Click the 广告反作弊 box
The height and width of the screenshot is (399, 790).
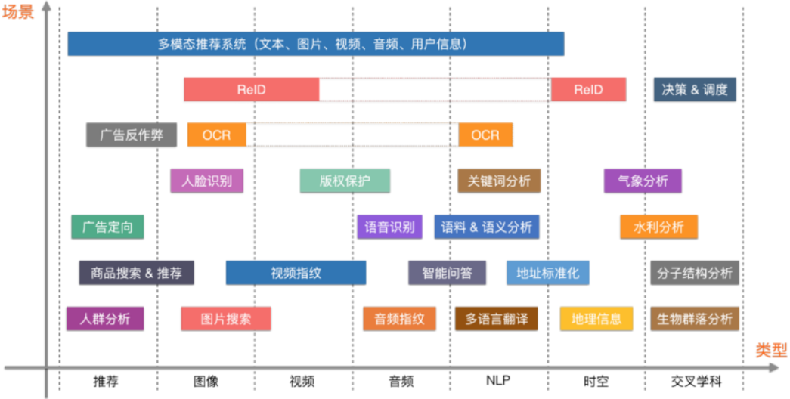(132, 135)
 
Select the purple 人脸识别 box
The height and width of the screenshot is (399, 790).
(207, 181)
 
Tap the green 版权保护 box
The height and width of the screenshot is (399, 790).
(345, 181)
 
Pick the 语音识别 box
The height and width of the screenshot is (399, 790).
(389, 227)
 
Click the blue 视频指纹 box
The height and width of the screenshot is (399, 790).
(296, 273)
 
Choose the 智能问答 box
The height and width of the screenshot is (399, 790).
(447, 273)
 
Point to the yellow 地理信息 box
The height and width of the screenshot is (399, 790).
(596, 319)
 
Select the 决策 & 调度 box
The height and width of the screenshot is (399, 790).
(695, 90)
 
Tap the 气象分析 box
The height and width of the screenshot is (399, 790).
(643, 181)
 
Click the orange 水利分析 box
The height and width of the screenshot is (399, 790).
(658, 227)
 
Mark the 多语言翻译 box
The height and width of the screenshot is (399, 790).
(496, 319)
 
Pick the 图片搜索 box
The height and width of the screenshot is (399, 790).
(226, 319)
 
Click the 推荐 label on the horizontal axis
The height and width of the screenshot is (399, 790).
(106, 382)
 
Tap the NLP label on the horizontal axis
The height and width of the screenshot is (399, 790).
(497, 380)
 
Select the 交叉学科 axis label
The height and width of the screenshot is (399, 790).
(696, 382)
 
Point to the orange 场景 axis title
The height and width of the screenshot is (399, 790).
(17, 11)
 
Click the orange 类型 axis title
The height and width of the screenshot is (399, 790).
(771, 350)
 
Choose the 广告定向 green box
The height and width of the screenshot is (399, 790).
(107, 227)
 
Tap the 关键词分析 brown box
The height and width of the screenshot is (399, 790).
(499, 181)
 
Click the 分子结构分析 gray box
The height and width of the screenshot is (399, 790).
(695, 273)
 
